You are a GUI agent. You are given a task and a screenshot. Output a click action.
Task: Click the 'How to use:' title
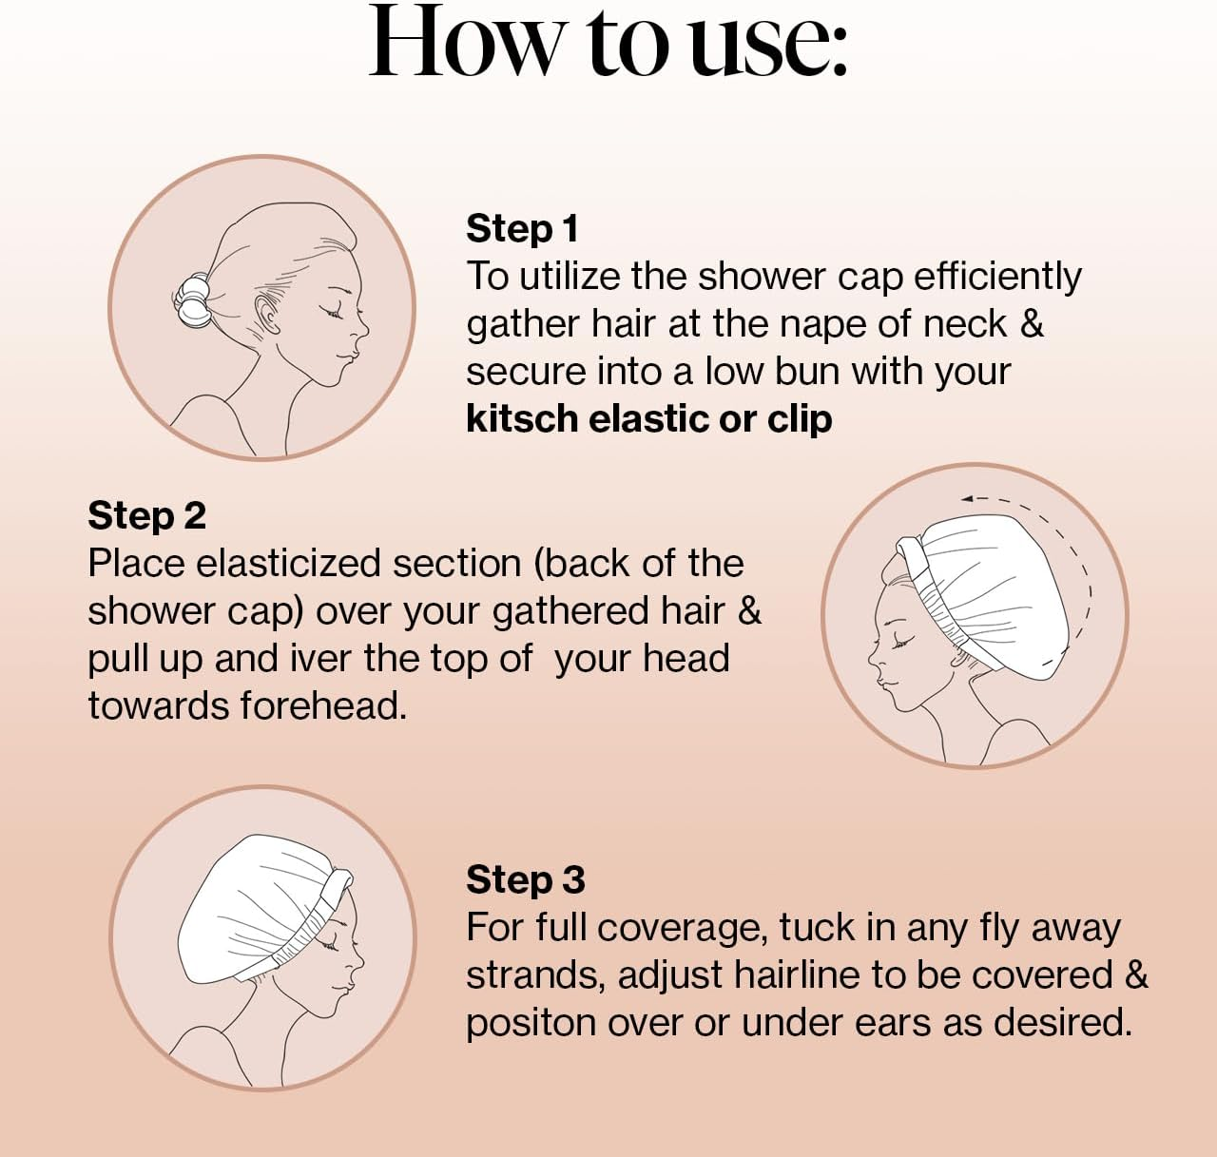[x=608, y=43]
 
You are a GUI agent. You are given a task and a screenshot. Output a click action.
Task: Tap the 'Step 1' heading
[x=522, y=229]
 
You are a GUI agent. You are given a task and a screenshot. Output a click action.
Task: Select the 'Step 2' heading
[x=146, y=516]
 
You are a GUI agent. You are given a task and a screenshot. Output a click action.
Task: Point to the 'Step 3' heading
[x=525, y=880]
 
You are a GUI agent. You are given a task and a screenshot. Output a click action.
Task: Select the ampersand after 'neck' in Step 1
[x=1032, y=324]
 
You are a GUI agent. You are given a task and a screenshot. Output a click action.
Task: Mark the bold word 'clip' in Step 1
[x=800, y=419]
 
